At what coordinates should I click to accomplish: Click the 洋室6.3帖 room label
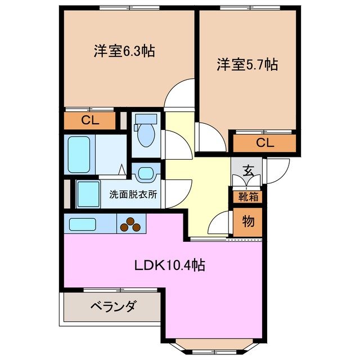(124, 51)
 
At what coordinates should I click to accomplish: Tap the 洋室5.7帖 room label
(247, 65)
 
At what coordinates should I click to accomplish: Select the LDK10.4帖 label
(169, 265)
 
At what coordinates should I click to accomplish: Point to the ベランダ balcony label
(112, 307)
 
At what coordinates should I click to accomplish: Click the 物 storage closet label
(248, 221)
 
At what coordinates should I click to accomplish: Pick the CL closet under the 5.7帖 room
(264, 143)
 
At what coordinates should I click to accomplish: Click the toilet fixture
(145, 133)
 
